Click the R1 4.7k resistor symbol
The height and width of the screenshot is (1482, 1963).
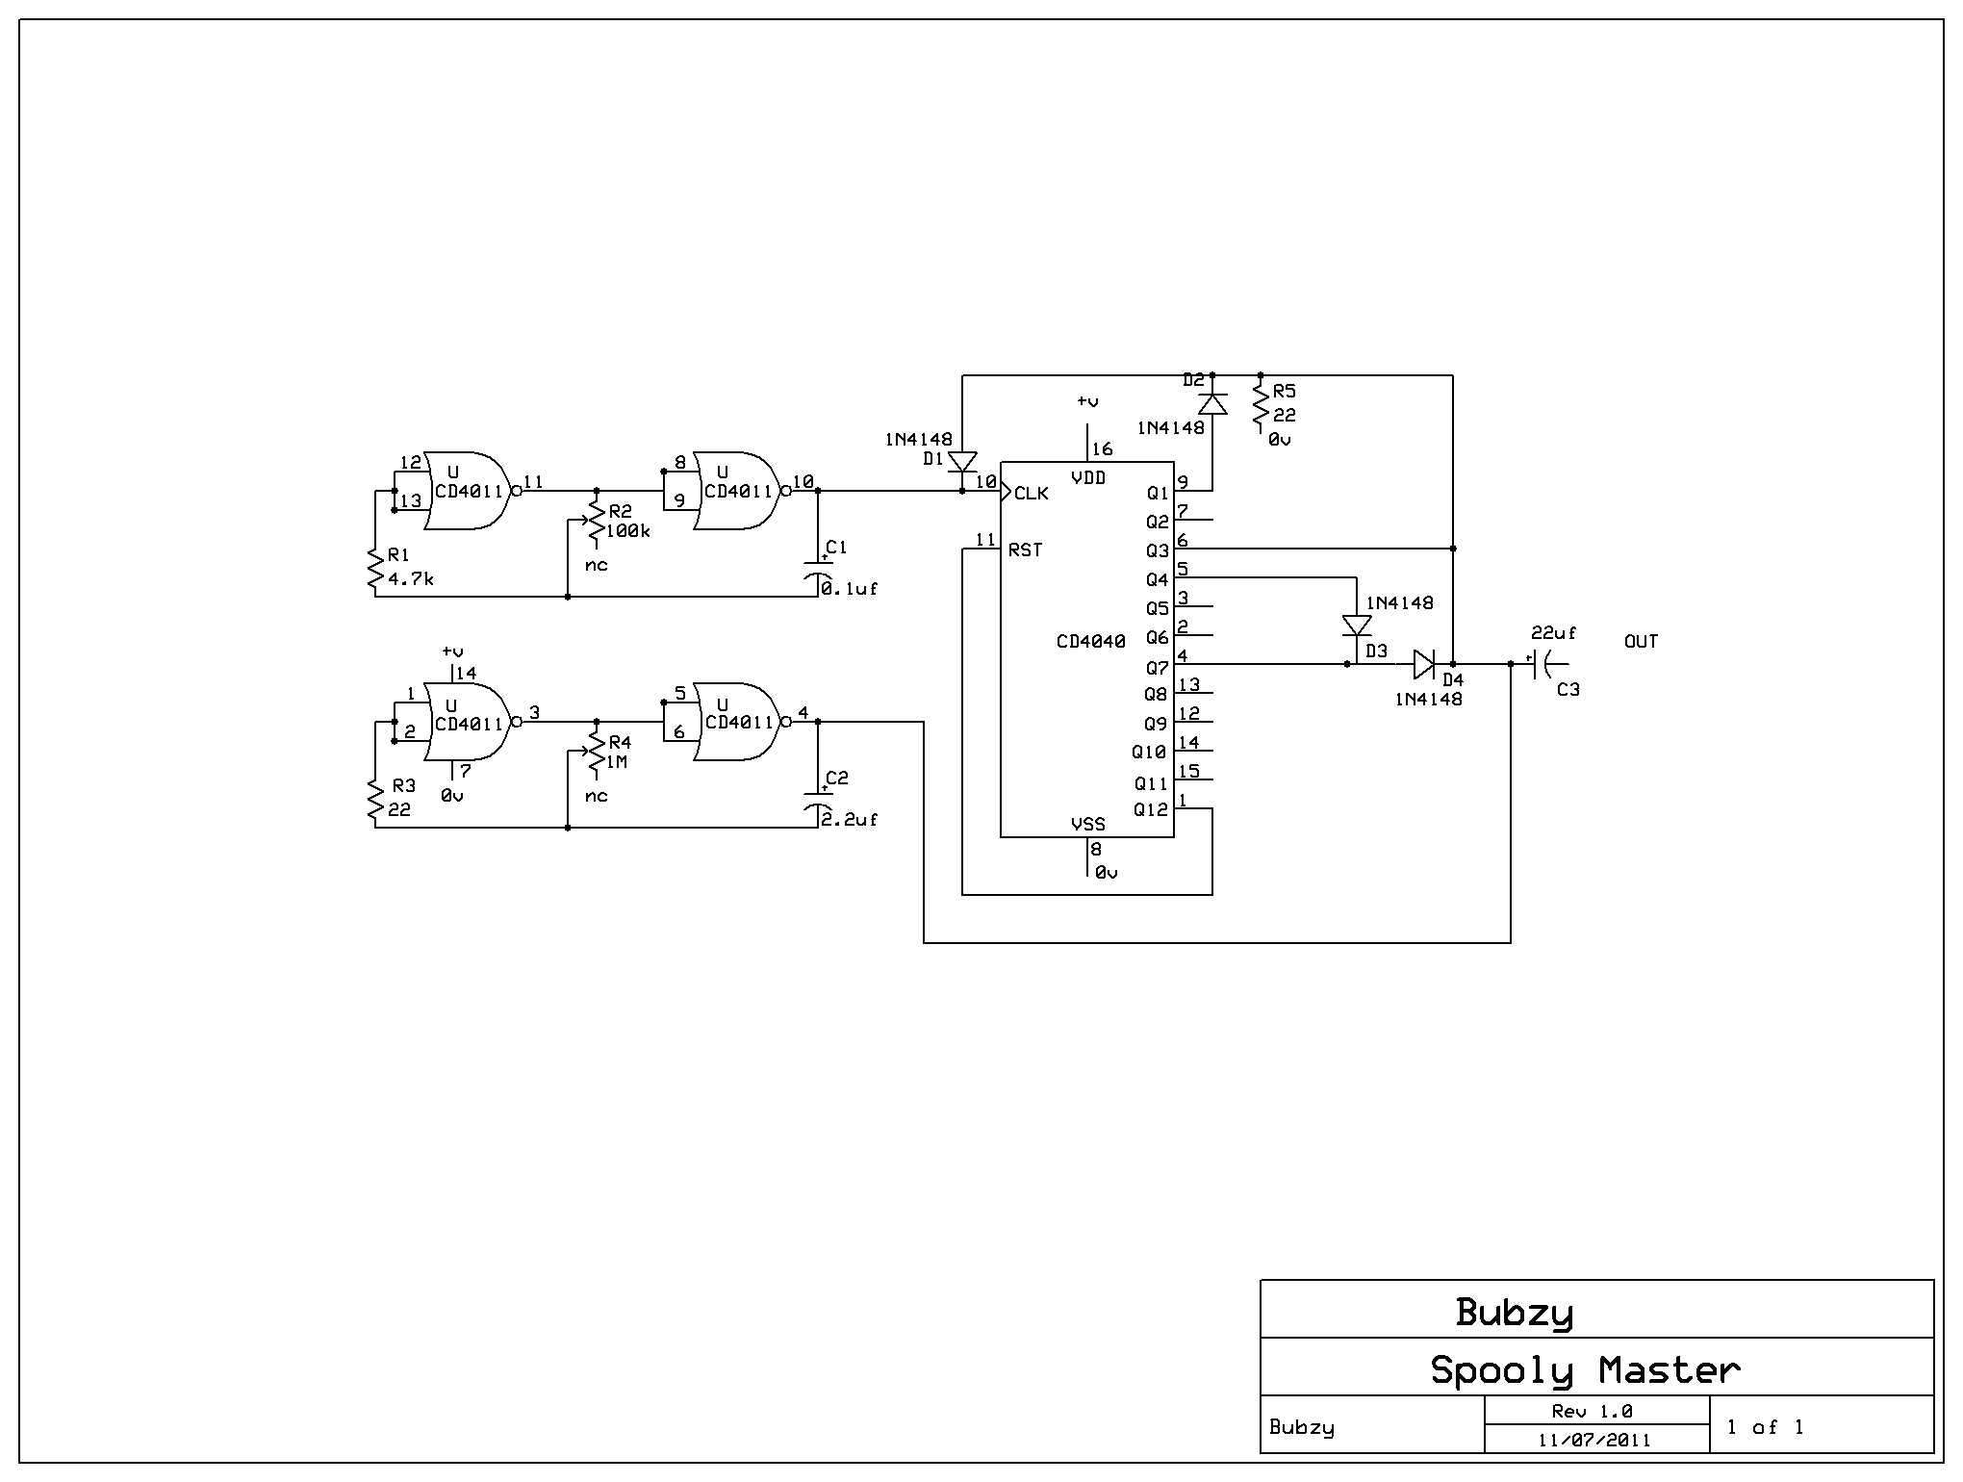[375, 571]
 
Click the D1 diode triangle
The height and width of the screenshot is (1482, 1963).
[962, 462]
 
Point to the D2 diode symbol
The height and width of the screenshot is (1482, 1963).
[1212, 404]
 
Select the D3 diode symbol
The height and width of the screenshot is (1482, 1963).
[1357, 626]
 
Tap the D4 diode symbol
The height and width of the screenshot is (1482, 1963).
[1424, 664]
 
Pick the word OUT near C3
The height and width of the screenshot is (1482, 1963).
[1641, 642]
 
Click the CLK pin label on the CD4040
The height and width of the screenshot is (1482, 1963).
[1032, 494]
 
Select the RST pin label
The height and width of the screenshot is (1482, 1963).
[1025, 550]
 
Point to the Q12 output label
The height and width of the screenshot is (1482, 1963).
[1151, 810]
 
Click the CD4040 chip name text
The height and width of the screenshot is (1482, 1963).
[1090, 641]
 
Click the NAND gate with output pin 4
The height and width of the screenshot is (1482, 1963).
[741, 722]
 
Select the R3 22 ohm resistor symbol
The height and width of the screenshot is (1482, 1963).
[375, 802]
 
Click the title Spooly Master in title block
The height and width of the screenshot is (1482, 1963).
[1585, 1369]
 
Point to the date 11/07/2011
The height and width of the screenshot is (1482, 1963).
[1594, 1440]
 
